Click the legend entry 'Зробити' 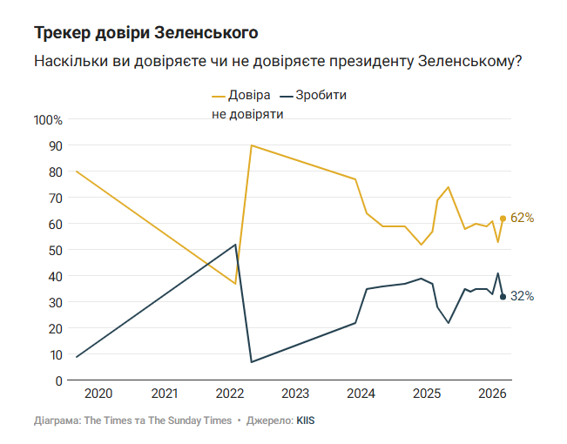click(321, 95)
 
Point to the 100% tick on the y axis click(48, 119)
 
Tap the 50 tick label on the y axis click(55, 250)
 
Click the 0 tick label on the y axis click(58, 380)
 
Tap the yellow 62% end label click(522, 218)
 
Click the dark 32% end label click(522, 296)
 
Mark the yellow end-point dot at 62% click(503, 219)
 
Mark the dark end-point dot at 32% click(503, 297)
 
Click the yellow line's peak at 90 click(251, 145)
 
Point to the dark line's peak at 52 click(235, 245)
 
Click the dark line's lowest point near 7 click(251, 362)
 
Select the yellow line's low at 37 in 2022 click(235, 284)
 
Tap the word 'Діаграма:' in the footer click(57, 420)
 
